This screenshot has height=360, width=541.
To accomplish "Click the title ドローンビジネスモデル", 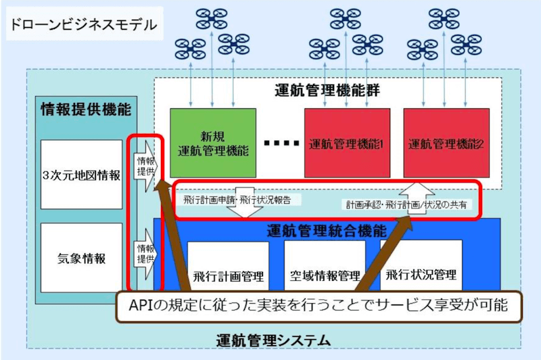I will tap(82, 25).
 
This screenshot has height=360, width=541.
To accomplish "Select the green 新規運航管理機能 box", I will tap(213, 142).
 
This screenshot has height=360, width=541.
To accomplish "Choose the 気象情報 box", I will tap(81, 258).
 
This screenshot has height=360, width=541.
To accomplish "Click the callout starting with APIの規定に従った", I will tap(318, 306).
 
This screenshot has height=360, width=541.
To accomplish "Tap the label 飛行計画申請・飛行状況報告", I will tap(237, 200).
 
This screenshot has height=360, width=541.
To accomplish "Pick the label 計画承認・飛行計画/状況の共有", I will tap(406, 203).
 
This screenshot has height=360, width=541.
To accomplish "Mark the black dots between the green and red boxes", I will tap(280, 143).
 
